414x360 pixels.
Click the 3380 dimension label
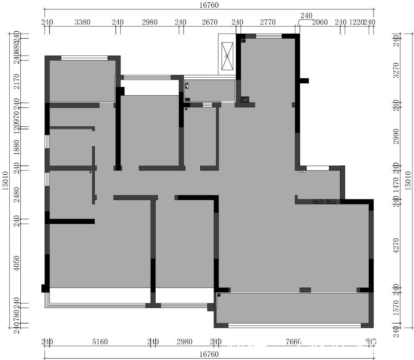click(x=82, y=22)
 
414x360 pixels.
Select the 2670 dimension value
click(x=210, y=22)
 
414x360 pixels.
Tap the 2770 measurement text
click(x=268, y=22)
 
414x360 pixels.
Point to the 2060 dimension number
click(x=320, y=22)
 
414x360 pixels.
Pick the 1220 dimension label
click(x=356, y=22)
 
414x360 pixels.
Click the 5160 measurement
click(x=100, y=342)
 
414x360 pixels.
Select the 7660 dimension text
click(x=294, y=342)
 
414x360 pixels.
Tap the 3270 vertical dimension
click(x=396, y=70)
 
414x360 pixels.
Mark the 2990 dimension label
click(x=396, y=136)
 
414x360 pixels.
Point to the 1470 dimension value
click(x=396, y=183)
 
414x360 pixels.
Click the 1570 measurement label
click(x=396, y=308)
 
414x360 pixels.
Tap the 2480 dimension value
click(x=16, y=194)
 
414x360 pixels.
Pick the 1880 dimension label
click(x=16, y=146)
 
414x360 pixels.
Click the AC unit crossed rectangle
click(x=227, y=56)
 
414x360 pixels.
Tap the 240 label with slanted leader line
click(x=306, y=16)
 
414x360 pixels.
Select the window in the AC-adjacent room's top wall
click(x=269, y=36)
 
